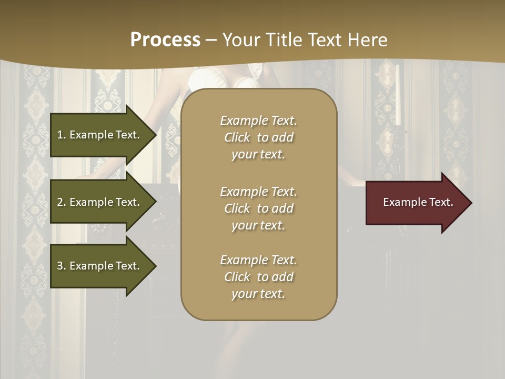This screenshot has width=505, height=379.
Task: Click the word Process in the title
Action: click(165, 40)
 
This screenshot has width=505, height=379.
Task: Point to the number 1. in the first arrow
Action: click(62, 135)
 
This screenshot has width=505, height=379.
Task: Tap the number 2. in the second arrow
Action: click(62, 202)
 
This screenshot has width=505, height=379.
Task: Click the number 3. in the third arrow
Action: click(62, 266)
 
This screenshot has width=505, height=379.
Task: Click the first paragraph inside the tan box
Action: click(258, 137)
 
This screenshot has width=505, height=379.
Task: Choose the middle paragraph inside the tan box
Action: click(258, 208)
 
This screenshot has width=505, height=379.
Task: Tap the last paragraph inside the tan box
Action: click(258, 277)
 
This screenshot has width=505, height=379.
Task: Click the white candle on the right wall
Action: click(398, 95)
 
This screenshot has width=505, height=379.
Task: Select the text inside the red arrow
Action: click(418, 202)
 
